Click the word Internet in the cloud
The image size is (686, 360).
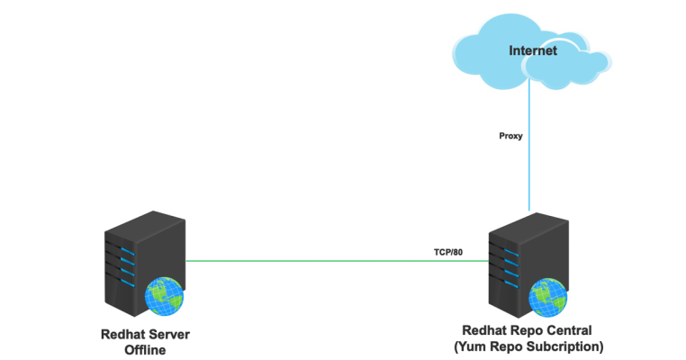tap(532, 50)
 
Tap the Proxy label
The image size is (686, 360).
tap(511, 137)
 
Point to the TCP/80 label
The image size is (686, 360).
tap(447, 252)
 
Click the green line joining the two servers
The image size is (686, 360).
tap(306, 261)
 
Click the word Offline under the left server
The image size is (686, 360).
tap(146, 350)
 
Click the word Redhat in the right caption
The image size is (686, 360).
tap(486, 330)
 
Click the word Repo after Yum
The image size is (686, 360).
tap(510, 346)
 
